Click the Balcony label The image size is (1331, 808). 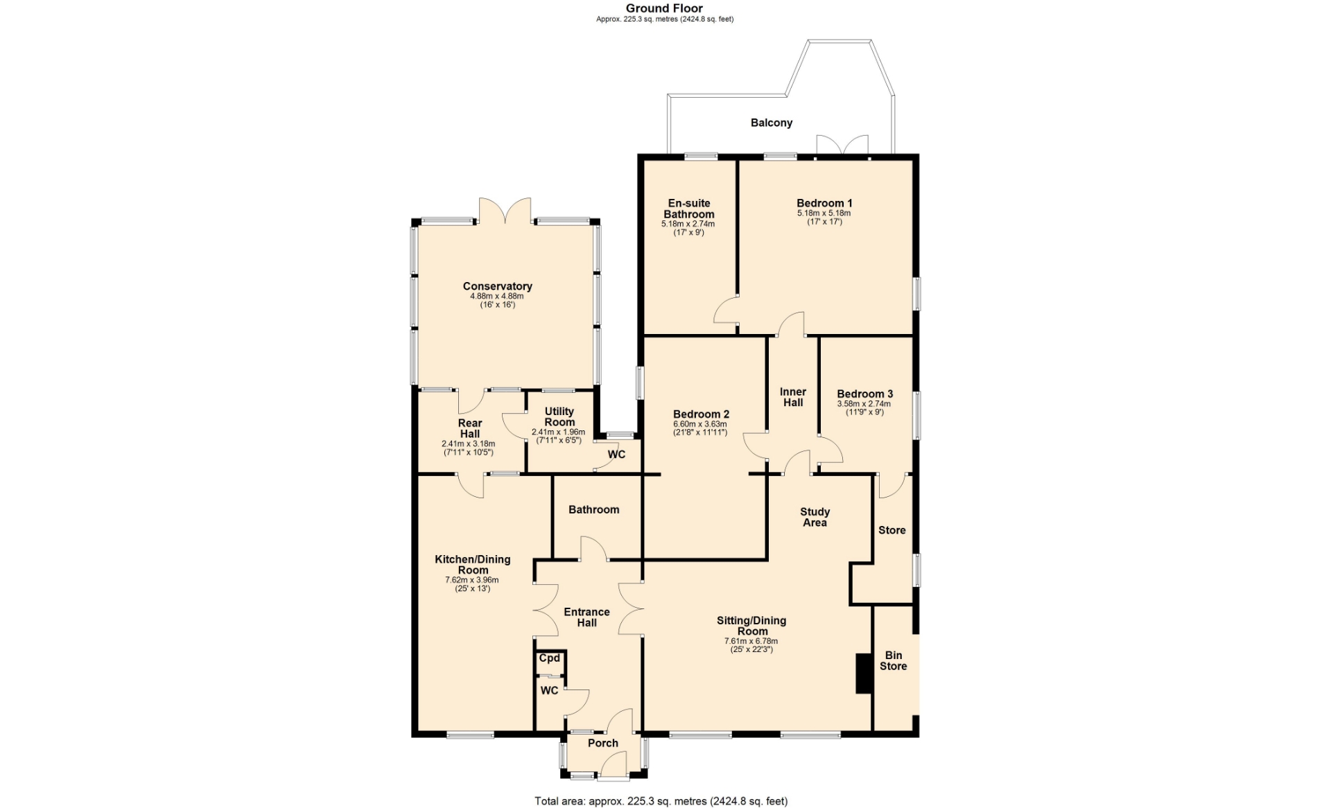[x=771, y=123]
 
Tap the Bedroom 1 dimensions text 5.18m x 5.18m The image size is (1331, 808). [x=824, y=213]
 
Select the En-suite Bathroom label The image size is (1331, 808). [x=689, y=209]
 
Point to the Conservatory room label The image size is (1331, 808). [x=498, y=286]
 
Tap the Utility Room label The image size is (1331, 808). [x=559, y=416]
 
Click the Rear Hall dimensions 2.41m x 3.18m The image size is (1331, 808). [x=469, y=444]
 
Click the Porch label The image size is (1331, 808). [x=603, y=743]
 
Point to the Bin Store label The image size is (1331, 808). [x=894, y=660]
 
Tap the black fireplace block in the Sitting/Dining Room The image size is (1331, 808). [x=864, y=674]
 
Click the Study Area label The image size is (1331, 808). [x=815, y=517]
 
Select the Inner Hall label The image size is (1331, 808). [x=793, y=397]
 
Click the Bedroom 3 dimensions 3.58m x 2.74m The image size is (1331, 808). [x=864, y=404]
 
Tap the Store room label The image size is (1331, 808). [x=892, y=530]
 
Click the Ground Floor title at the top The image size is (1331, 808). [x=665, y=8]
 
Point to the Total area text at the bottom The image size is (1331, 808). [x=661, y=801]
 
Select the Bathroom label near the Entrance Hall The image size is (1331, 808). [x=594, y=509]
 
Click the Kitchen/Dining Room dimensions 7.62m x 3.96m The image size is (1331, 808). [x=472, y=580]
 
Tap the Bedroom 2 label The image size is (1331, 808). [x=702, y=414]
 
